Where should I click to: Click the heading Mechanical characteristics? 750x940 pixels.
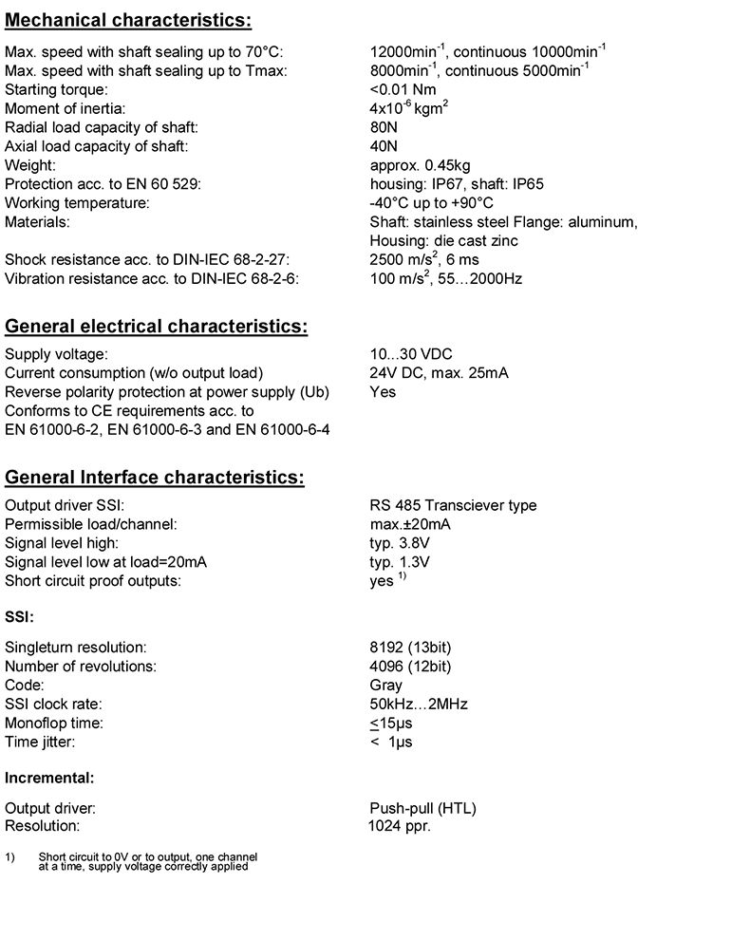(x=128, y=20)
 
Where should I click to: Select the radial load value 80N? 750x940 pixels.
(x=384, y=127)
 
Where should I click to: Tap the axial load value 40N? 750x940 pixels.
(x=384, y=146)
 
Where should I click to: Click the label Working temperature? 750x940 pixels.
(x=77, y=203)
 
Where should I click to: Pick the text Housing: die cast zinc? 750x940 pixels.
(x=443, y=241)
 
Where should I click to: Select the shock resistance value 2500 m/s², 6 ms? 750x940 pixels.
(x=423, y=259)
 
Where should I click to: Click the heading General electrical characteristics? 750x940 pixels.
(x=157, y=328)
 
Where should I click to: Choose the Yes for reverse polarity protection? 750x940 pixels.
(x=383, y=391)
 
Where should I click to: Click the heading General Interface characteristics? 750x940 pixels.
(x=155, y=478)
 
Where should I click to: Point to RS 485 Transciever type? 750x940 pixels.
(x=453, y=505)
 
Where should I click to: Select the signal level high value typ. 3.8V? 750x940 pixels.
(x=400, y=543)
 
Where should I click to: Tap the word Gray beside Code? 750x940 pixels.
(x=385, y=685)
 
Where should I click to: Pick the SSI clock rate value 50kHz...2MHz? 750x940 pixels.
(x=419, y=704)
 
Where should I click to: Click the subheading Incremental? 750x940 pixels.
(x=49, y=778)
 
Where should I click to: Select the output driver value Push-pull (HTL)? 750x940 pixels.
(x=422, y=808)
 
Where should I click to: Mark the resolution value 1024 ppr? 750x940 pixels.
(x=400, y=826)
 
